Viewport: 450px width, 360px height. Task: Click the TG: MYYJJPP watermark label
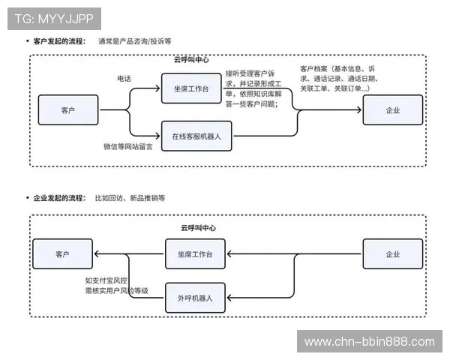(53, 16)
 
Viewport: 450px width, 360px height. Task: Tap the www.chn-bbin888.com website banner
(370, 341)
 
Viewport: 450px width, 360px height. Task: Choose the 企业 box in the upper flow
(393, 110)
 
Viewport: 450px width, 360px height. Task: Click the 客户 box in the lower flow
(62, 254)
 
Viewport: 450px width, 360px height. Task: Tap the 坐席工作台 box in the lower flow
(194, 254)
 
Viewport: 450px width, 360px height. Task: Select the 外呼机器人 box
(194, 298)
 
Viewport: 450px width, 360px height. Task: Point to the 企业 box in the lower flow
(393, 254)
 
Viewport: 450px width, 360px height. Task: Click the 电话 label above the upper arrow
(124, 78)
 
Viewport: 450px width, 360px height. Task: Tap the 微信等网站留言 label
(127, 147)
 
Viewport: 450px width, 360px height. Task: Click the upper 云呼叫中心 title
(191, 59)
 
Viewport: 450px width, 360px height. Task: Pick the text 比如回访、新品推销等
(130, 198)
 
